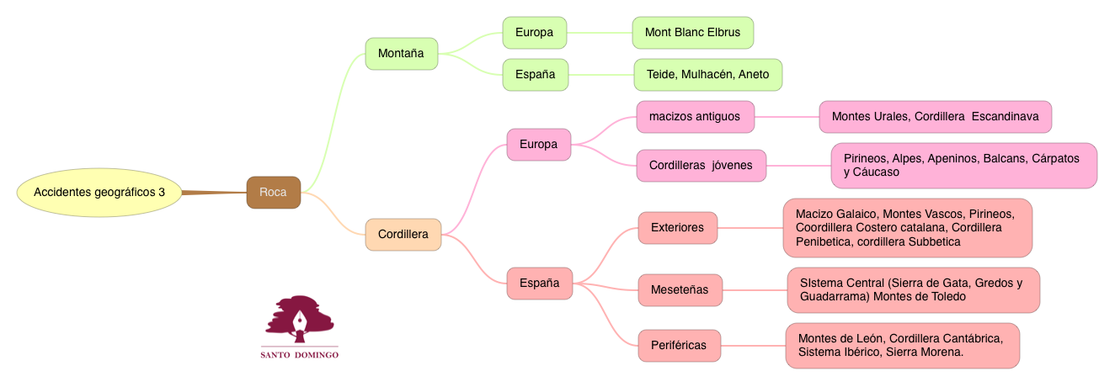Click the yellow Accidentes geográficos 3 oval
tap(99, 193)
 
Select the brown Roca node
tap(273, 193)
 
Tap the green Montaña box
tap(401, 54)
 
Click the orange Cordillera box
tap(403, 234)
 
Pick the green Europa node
tap(534, 33)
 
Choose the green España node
tap(535, 74)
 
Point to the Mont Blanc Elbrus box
tap(692, 33)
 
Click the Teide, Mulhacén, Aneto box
tap(707, 74)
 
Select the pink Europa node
tap(538, 144)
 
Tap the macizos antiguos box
tap(695, 117)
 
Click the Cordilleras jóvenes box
tap(701, 165)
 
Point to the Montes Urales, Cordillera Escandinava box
tap(935, 117)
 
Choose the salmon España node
tap(539, 283)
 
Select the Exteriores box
tap(677, 227)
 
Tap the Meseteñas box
tap(680, 290)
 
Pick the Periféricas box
tap(679, 345)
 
